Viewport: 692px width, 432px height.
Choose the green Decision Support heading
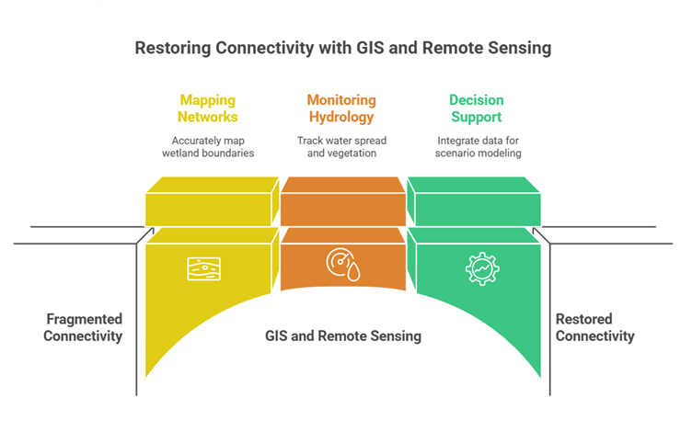click(x=476, y=108)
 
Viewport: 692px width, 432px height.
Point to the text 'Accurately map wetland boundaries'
click(x=209, y=146)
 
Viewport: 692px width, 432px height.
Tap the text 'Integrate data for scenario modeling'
click(x=476, y=146)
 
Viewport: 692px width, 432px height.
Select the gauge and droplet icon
click(x=342, y=264)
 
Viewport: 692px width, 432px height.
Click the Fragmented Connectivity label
click(x=84, y=327)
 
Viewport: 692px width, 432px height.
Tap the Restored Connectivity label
click(x=595, y=327)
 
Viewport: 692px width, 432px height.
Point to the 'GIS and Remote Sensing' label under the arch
click(x=342, y=335)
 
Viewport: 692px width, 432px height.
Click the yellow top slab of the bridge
click(x=212, y=202)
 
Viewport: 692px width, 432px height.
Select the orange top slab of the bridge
click(x=342, y=202)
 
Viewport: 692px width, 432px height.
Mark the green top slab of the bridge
click(x=475, y=202)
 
